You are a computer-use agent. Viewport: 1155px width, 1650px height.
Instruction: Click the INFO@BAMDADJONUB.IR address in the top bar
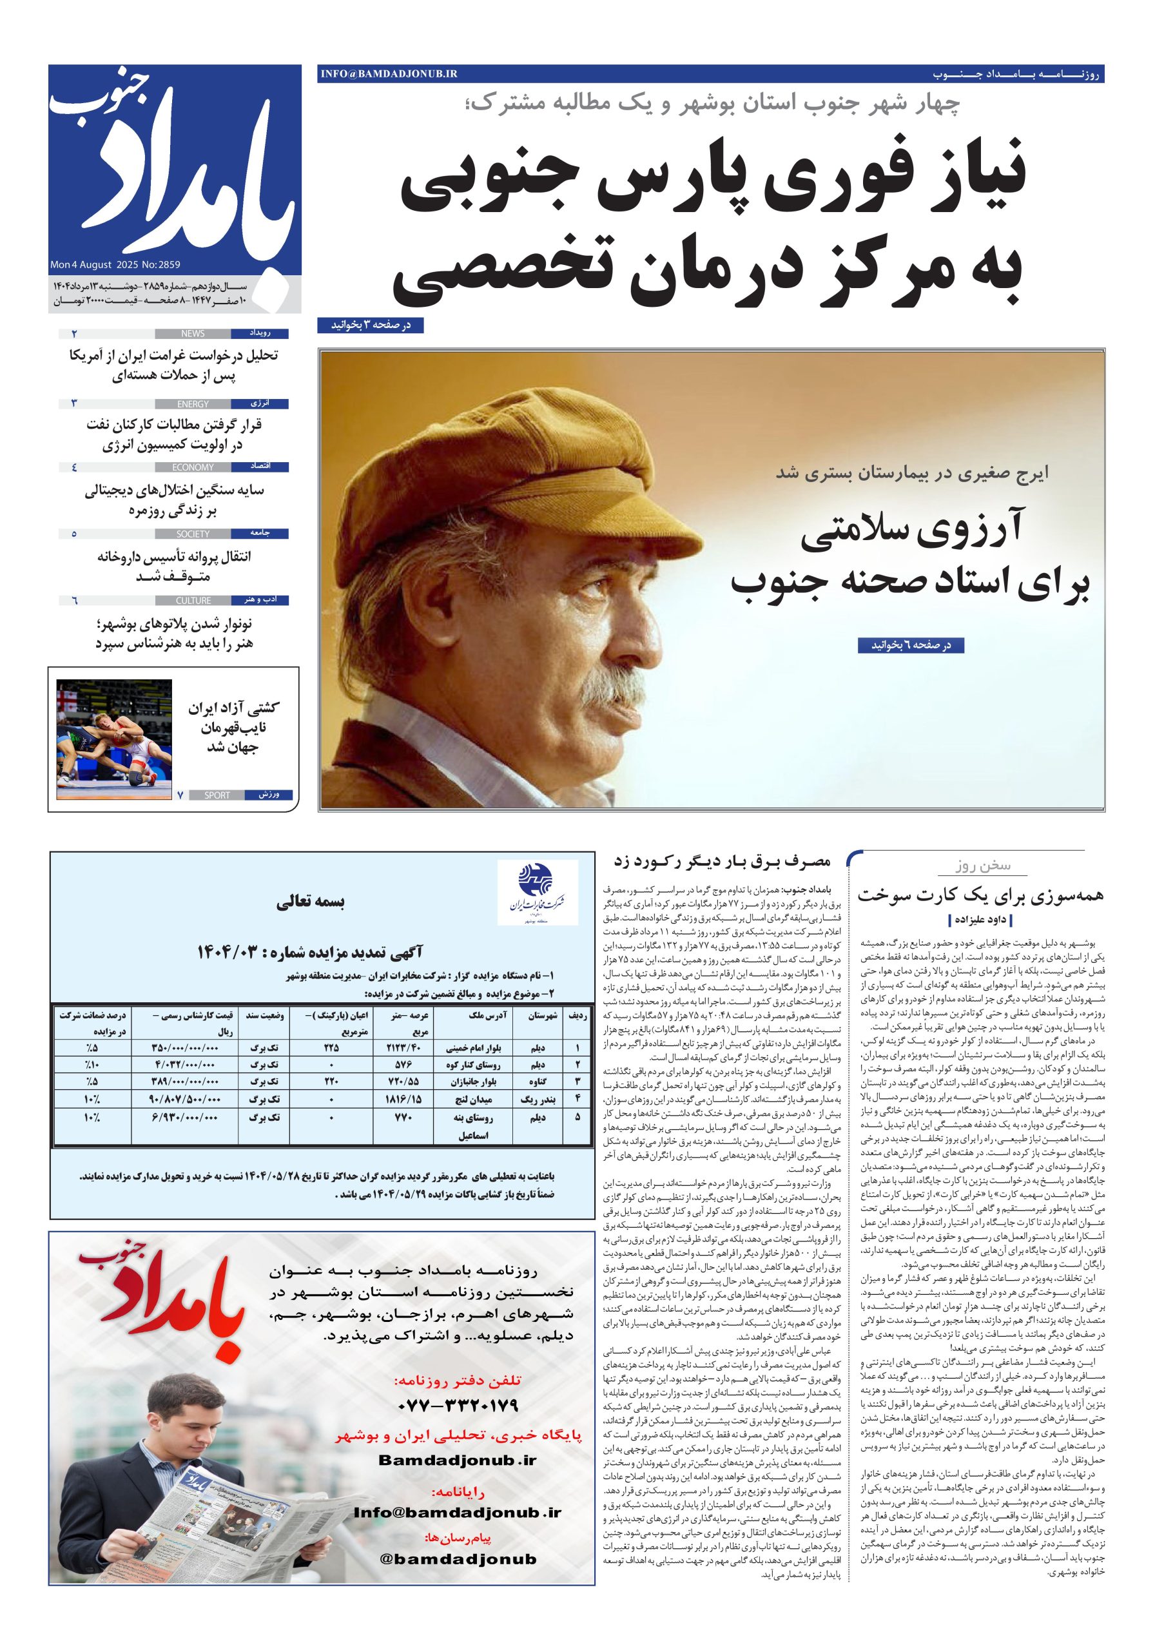coord(389,74)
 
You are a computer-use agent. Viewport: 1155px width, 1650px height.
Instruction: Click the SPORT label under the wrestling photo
coord(217,795)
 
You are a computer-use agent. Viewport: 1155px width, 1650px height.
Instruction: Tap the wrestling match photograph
coord(113,739)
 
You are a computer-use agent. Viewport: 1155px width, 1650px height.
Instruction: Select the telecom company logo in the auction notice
coord(538,892)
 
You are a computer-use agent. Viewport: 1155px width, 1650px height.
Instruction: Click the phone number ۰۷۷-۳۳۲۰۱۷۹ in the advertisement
coord(457,1405)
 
